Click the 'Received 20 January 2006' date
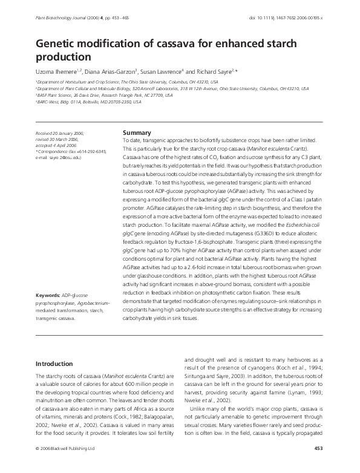[59, 132]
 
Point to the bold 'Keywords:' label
[48, 295]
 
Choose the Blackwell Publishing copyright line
[65, 465]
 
